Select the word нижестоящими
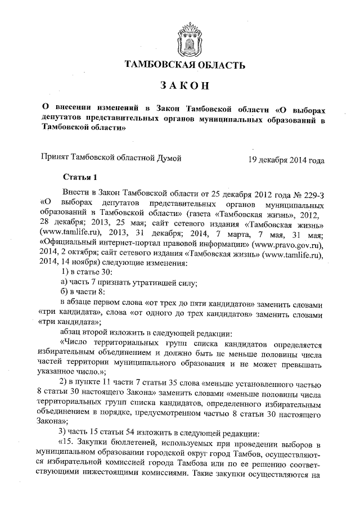124,472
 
